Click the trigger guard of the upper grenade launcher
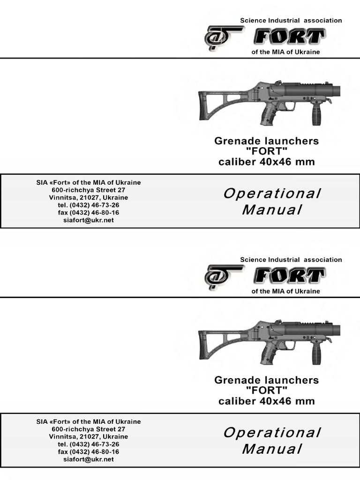[x=289, y=106]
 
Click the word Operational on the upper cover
[x=272, y=194]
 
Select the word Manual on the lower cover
[x=272, y=449]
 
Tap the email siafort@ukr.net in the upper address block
[x=89, y=220]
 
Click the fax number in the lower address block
[x=89, y=452]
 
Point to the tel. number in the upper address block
[x=89, y=205]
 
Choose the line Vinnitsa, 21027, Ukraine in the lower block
[x=89, y=436]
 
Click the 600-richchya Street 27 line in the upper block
[x=89, y=190]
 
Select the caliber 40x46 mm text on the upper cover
[x=266, y=162]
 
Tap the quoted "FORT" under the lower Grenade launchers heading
[x=266, y=390]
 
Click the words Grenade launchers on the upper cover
[x=266, y=141]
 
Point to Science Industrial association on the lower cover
[x=291, y=260]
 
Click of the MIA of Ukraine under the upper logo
[x=285, y=52]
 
